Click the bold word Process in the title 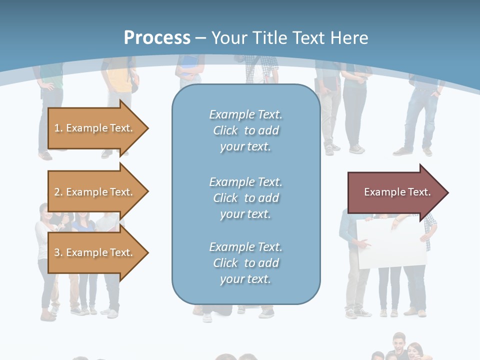157,38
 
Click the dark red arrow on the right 395,192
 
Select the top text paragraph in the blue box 245,130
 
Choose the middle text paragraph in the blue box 245,198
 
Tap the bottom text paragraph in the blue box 245,263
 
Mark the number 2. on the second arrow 58,192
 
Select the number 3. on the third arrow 58,252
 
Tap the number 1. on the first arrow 58,128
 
